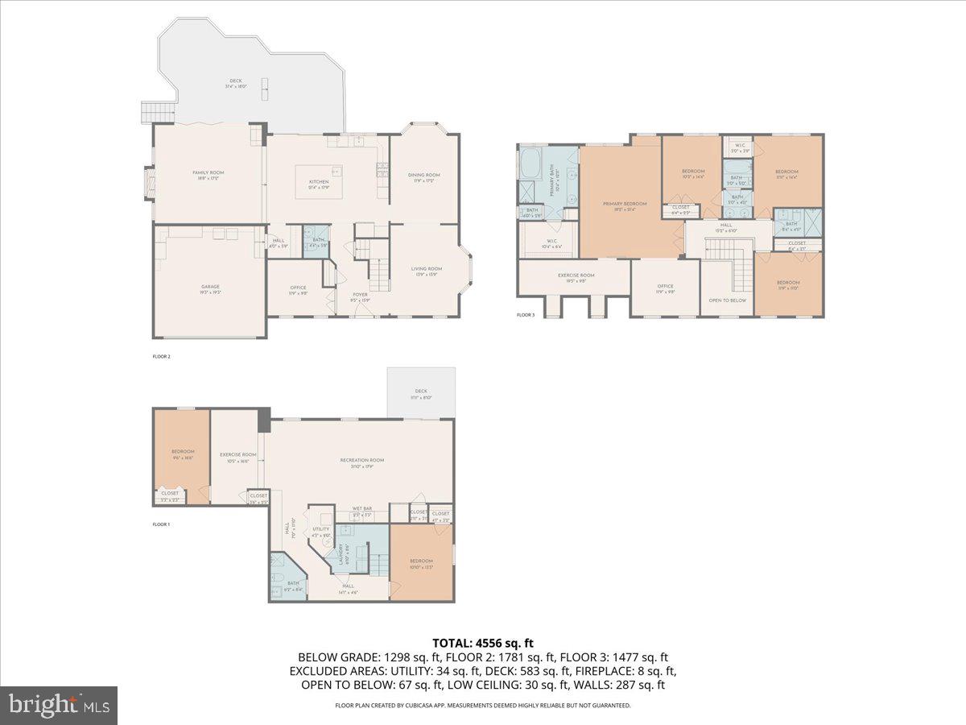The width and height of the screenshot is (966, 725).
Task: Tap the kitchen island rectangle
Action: tap(319, 176)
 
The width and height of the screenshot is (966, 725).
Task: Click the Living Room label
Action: tap(427, 270)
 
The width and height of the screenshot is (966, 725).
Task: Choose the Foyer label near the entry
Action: tap(360, 296)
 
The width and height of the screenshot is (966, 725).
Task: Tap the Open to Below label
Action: tap(727, 300)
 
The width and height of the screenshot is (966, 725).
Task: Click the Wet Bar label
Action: tap(361, 509)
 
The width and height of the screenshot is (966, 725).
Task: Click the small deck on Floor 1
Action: tap(421, 394)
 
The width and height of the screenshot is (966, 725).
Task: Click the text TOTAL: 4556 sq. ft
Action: tap(483, 643)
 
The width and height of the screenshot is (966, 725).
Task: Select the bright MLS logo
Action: tap(59, 705)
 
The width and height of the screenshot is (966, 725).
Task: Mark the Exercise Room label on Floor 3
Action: tap(576, 276)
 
